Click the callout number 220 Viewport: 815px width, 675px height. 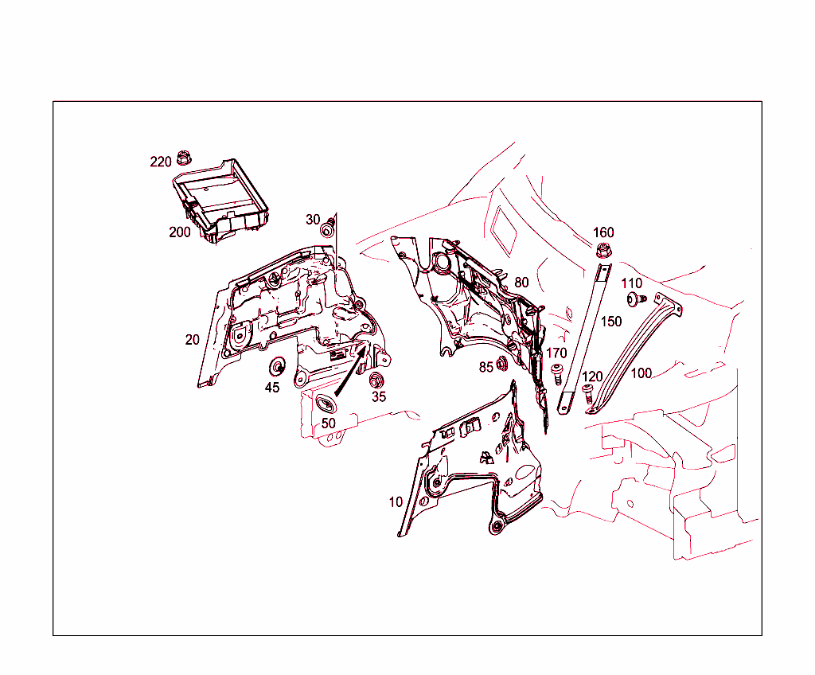(161, 162)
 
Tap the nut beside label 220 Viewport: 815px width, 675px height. (183, 157)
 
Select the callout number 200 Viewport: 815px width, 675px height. (179, 232)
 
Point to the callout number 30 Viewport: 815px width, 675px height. (313, 220)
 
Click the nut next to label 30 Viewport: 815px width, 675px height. (327, 230)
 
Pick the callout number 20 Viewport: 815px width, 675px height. (192, 339)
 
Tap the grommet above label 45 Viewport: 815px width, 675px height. (279, 368)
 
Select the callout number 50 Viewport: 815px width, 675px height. (328, 423)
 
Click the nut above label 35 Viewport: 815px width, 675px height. (376, 380)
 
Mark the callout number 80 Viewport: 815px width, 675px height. (521, 283)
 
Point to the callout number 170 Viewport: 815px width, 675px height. (556, 353)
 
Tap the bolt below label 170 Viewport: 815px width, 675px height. (558, 373)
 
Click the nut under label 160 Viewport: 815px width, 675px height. (602, 252)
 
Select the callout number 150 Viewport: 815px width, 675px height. (611, 322)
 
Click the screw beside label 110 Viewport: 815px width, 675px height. (634, 300)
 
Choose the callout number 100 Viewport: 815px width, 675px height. (641, 373)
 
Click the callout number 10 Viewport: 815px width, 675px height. (396, 502)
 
